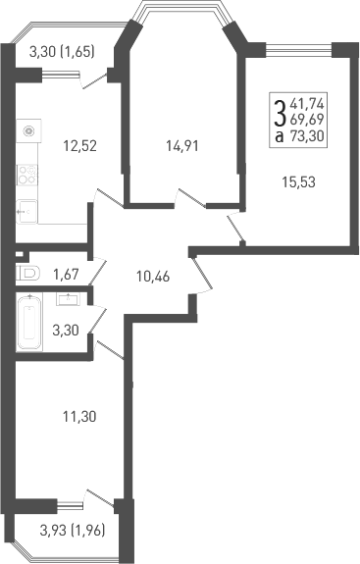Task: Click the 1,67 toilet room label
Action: pos(66,276)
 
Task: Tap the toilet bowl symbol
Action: pos(28,275)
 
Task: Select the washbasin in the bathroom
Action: pos(68,297)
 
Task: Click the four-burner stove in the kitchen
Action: pos(27,176)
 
